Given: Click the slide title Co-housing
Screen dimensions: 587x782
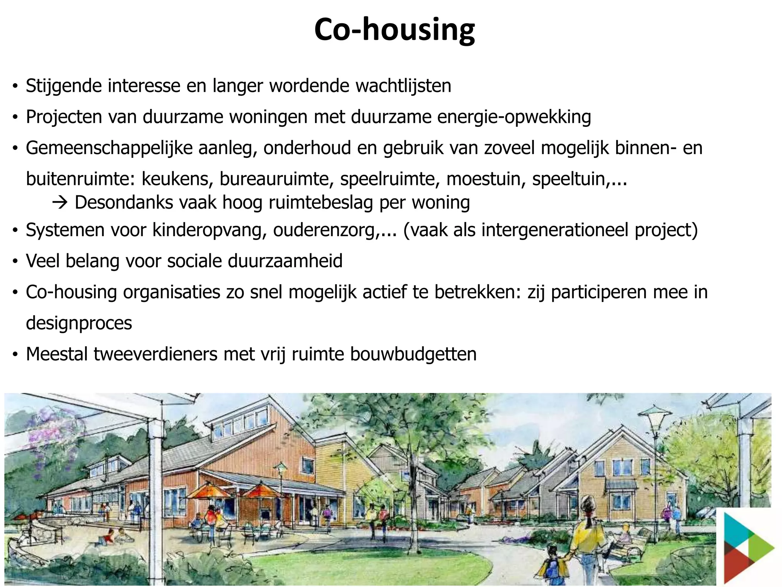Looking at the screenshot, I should (394, 30).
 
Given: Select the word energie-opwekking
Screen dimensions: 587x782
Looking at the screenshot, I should (514, 117).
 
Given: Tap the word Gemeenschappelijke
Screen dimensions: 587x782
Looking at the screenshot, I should (109, 148).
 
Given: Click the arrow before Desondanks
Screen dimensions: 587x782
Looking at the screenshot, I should (60, 203).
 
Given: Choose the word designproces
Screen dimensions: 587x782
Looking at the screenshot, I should (79, 323).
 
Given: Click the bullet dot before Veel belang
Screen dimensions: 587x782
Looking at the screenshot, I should (15, 262).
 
